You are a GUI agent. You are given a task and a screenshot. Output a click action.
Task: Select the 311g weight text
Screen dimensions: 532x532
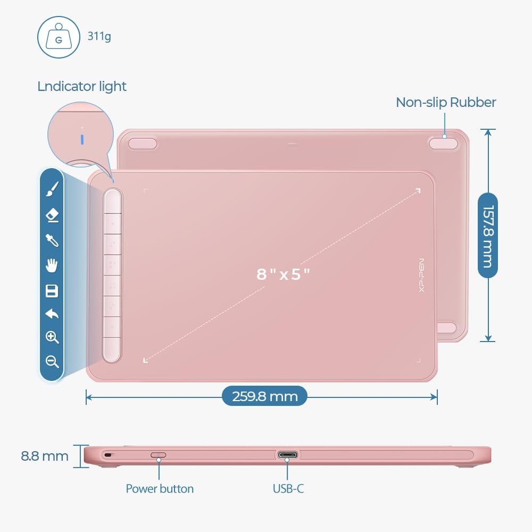click(99, 37)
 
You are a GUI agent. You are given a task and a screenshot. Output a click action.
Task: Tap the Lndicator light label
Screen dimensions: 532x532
click(82, 86)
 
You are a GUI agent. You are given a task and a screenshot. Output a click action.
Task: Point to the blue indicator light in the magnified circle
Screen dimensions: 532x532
click(82, 139)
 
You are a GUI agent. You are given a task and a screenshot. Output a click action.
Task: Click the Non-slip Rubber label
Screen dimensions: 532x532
click(446, 102)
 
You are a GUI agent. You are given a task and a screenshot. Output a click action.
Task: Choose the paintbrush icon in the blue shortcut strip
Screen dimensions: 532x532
click(52, 188)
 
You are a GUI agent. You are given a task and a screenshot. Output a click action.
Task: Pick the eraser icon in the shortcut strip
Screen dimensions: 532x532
click(52, 215)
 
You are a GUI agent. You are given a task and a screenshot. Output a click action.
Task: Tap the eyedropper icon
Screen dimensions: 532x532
click(52, 240)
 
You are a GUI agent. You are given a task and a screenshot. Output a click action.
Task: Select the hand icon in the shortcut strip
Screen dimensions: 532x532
click(52, 265)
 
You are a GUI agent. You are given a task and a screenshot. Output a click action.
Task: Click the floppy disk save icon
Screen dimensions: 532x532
click(52, 290)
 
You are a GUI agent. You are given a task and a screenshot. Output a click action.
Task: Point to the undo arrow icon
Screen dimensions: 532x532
click(52, 314)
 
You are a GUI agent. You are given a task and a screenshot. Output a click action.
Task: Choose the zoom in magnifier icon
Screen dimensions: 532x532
click(52, 337)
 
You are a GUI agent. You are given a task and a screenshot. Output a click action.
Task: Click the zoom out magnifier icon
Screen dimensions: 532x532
click(52, 362)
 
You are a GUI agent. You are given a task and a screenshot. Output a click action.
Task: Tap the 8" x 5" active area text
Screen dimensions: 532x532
click(283, 275)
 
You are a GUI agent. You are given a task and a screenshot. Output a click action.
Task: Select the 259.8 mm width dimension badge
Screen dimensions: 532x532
click(264, 396)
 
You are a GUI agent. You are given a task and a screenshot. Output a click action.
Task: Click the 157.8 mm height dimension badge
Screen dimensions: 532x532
click(488, 235)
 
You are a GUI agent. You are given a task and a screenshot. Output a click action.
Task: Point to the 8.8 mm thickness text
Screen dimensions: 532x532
click(45, 456)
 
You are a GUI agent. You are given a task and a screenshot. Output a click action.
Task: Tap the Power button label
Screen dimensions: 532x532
click(160, 488)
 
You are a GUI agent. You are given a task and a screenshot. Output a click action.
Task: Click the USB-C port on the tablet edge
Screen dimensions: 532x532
click(287, 455)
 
